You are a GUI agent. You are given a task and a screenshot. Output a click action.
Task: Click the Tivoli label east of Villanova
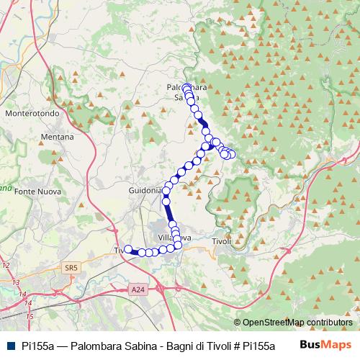tap(223, 241)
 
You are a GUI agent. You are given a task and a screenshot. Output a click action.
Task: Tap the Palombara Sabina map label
tap(186, 93)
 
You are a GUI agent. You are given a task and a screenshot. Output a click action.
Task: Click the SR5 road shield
tap(70, 268)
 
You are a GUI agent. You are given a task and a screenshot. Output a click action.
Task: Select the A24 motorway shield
tap(138, 289)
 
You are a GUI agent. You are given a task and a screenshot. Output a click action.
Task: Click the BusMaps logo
tap(325, 345)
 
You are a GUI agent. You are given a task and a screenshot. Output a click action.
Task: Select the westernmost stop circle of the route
tap(129, 250)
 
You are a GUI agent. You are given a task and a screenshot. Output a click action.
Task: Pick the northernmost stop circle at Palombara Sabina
tap(187, 89)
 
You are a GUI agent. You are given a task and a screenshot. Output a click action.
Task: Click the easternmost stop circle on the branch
tap(232, 153)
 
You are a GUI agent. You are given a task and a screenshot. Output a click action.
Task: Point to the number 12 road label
tap(6, 266)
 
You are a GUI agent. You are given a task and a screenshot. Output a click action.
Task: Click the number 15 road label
tap(30, 316)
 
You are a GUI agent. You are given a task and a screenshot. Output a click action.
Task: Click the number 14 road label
tap(23, 294)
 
